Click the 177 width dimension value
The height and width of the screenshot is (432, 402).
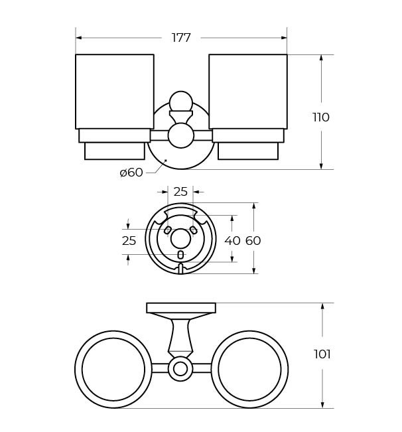(181, 38)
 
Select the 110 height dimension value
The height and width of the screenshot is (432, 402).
(321, 117)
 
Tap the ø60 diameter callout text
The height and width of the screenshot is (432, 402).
(131, 173)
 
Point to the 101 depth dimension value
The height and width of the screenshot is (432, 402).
(322, 354)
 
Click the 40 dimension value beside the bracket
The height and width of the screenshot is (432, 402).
(232, 241)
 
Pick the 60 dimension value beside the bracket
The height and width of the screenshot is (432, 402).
(253, 241)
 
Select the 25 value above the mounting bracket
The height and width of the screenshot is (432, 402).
(180, 192)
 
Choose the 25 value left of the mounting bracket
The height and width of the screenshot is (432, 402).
(129, 241)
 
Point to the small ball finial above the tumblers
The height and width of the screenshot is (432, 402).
(180, 102)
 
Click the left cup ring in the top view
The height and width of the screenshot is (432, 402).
(113, 370)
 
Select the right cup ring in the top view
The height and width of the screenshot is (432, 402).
(249, 370)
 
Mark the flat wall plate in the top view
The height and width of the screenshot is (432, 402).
(181, 308)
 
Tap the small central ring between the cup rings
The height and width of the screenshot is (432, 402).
(180, 369)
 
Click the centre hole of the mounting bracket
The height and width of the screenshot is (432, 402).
(180, 238)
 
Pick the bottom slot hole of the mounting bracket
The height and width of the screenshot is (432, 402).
(180, 255)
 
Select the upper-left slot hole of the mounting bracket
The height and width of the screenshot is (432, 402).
(168, 230)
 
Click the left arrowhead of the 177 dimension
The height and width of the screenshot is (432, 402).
(79, 38)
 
